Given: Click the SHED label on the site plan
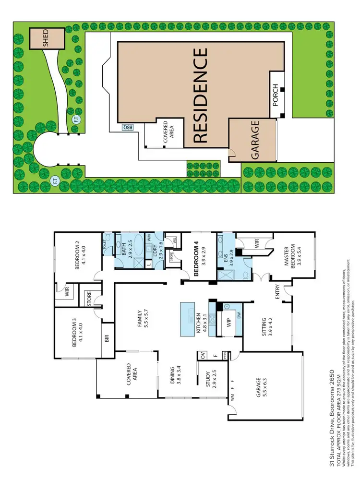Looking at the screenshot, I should tap(46, 37).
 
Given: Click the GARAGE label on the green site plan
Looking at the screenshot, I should tap(254, 140).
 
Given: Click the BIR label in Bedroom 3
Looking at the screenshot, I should tap(106, 339).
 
